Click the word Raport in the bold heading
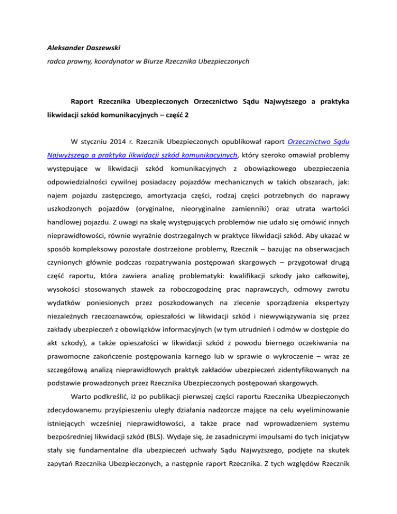(85, 102)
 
